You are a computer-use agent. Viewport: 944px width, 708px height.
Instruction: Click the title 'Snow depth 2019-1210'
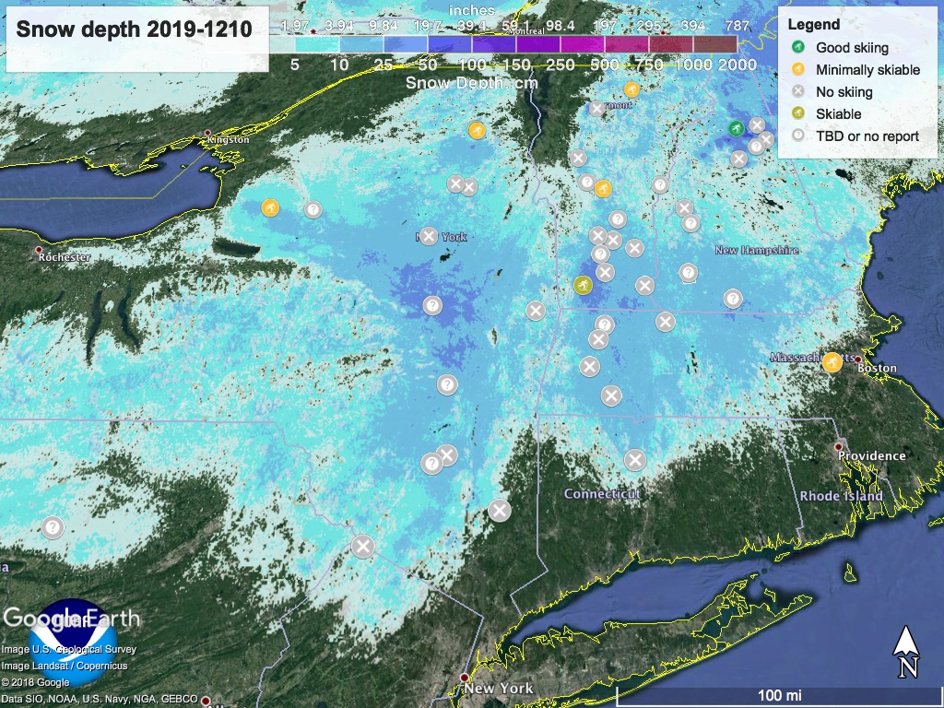coord(135,29)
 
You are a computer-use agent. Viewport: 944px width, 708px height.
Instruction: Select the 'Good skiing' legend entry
coord(852,47)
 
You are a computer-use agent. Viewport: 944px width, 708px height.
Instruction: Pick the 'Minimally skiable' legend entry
coord(867,69)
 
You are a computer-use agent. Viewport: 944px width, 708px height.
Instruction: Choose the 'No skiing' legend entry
coord(844,91)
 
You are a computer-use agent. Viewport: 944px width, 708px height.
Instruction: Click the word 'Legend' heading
coord(814,25)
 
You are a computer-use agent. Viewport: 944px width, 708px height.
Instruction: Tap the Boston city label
coord(877,368)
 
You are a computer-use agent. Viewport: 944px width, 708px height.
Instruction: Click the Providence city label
coord(871,455)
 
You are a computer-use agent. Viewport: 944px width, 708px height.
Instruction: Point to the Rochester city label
coord(64,257)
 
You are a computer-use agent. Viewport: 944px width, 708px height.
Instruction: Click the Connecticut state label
coord(601,494)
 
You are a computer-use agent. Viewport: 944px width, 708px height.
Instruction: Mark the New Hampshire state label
coord(757,251)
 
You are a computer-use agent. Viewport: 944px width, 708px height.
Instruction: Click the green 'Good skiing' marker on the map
coord(735,128)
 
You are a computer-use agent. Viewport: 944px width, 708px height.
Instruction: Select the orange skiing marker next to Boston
coord(832,361)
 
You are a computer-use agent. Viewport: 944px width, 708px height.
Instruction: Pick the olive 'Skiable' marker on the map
coord(583,285)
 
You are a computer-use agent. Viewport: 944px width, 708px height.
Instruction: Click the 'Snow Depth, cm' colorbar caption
coord(472,82)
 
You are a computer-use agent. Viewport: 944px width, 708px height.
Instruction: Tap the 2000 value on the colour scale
coord(737,65)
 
